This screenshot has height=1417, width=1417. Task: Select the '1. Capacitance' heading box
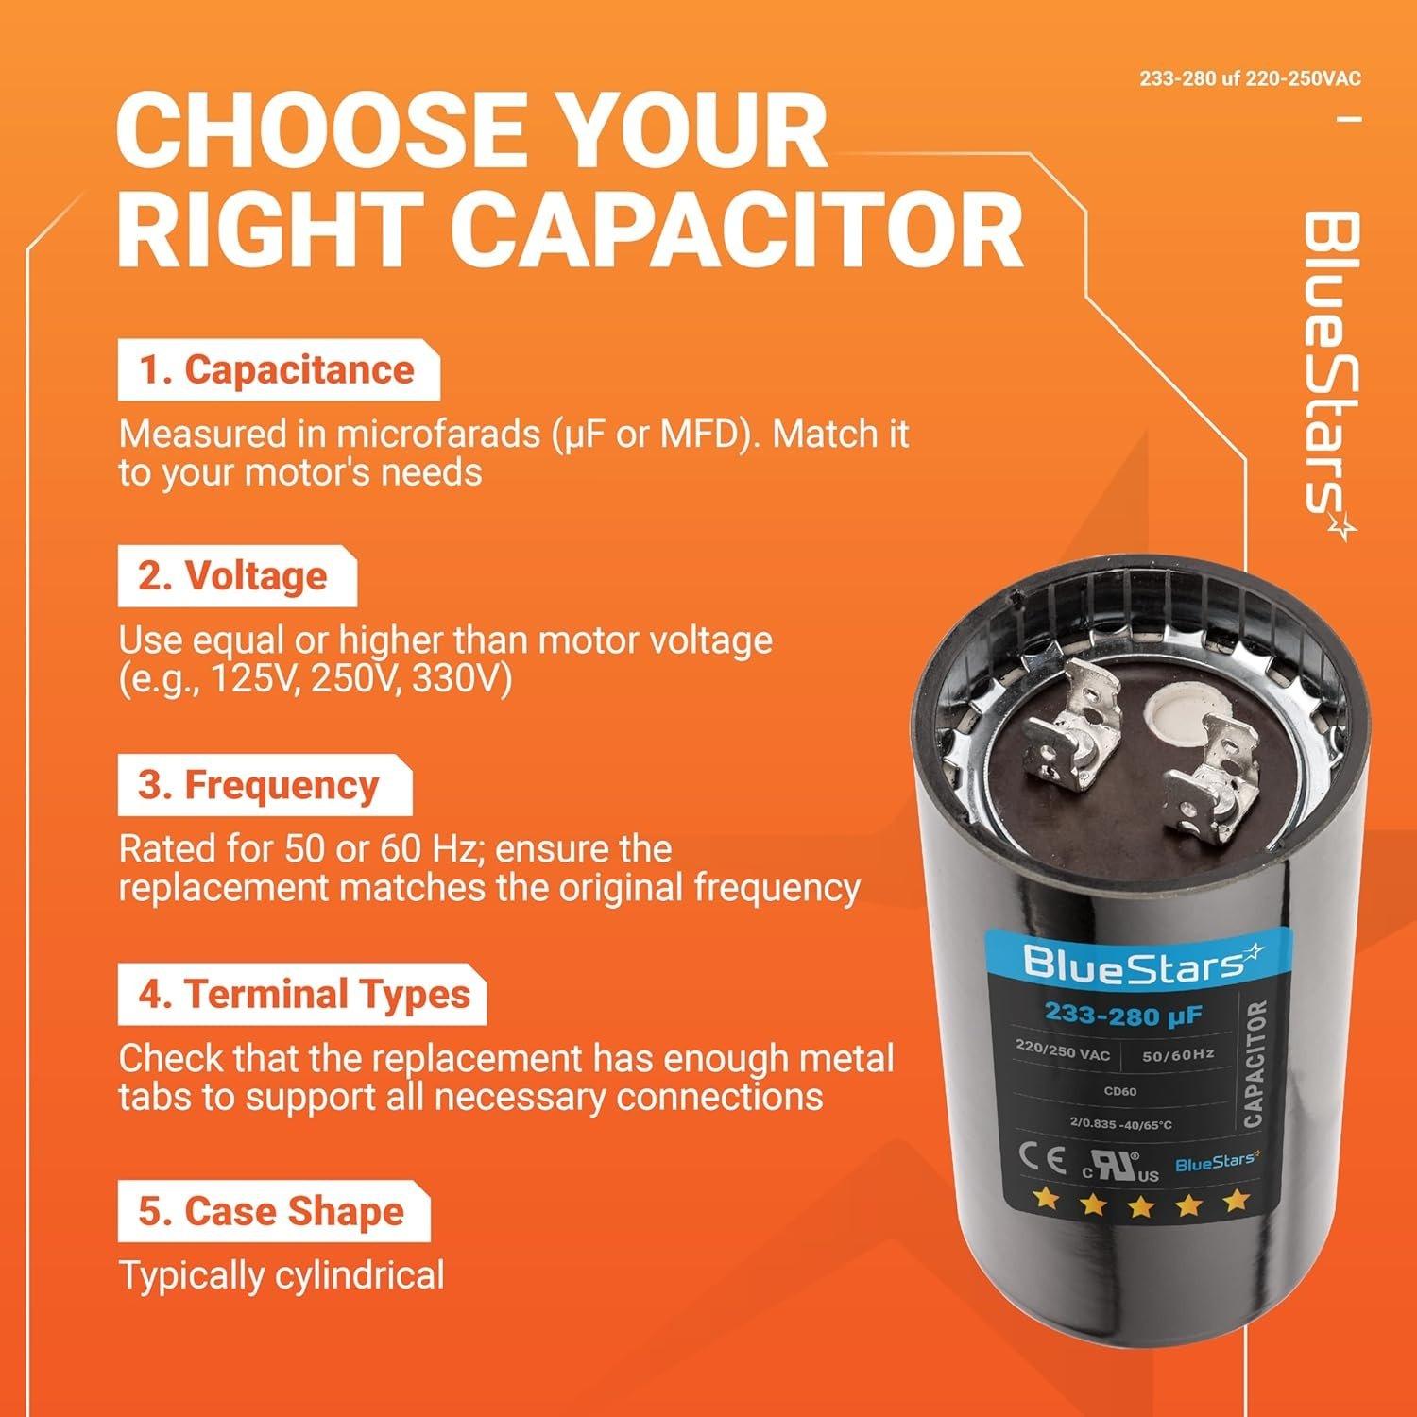pos(278,370)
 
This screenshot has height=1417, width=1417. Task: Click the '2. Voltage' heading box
pos(235,576)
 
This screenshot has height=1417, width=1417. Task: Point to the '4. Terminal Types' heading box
pos(302,995)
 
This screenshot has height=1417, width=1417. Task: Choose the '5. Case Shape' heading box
pos(272,1212)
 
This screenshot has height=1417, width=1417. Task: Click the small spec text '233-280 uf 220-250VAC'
pos(1250,78)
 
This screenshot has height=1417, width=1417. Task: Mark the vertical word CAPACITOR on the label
pos(1254,1063)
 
